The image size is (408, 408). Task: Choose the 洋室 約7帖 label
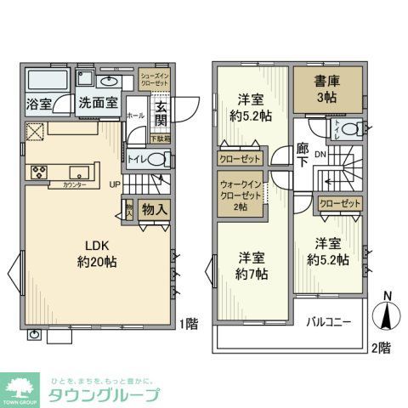click(252, 266)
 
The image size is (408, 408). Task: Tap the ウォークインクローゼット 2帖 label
click(239, 195)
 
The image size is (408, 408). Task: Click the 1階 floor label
click(190, 324)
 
